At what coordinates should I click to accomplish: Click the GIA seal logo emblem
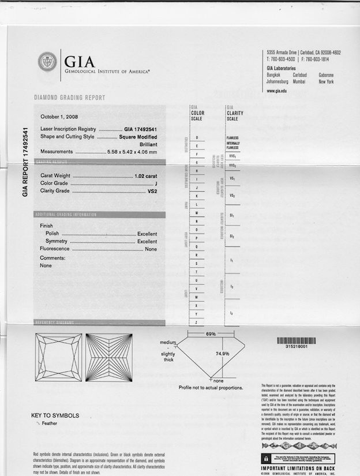click(47, 62)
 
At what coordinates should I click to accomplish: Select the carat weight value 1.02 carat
click(145, 175)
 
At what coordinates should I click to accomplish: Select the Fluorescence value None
click(151, 249)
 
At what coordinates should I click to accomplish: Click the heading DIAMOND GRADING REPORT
click(69, 98)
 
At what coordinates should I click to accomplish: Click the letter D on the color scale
click(197, 137)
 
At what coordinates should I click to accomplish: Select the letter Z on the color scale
click(197, 322)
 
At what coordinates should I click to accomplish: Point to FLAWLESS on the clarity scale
click(233, 138)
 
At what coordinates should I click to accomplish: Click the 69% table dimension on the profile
click(211, 334)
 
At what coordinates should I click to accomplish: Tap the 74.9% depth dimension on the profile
click(223, 370)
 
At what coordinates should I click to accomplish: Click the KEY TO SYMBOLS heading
click(55, 415)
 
